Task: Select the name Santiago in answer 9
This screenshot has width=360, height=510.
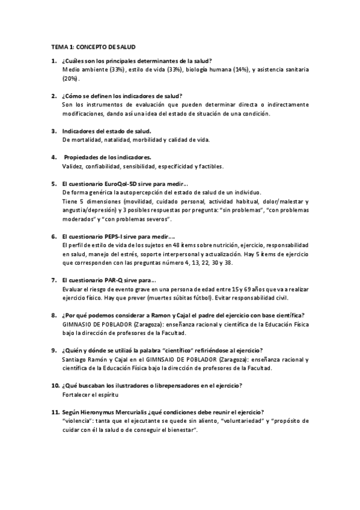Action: coord(75,360)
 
